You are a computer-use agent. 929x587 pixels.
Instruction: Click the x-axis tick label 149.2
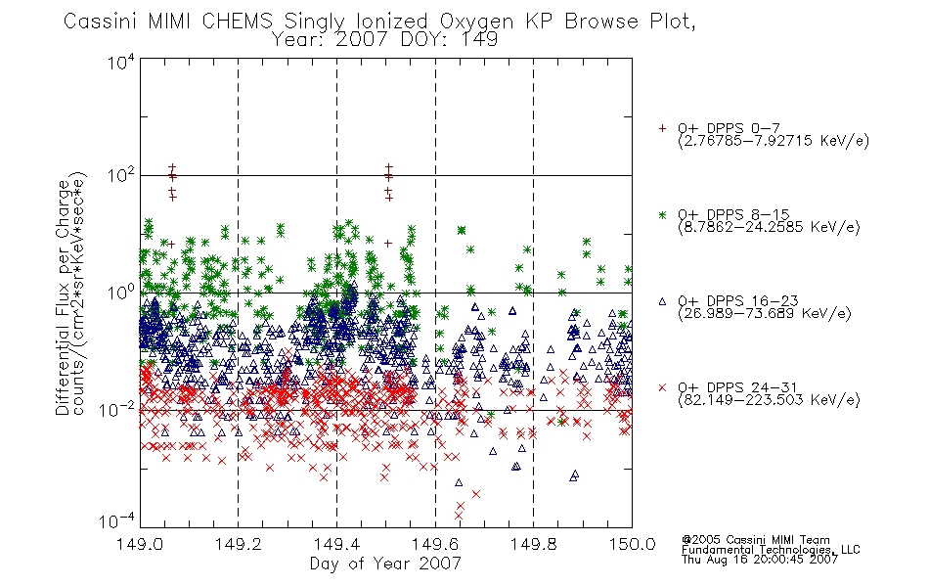239,544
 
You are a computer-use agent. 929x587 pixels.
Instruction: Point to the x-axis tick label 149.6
435,544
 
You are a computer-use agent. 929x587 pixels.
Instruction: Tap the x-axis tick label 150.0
632,544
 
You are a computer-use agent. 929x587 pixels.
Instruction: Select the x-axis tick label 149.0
140,544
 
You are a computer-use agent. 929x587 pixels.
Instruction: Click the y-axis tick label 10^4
121,62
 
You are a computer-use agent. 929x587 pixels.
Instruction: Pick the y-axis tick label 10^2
121,175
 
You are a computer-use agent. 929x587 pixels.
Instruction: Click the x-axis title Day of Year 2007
385,564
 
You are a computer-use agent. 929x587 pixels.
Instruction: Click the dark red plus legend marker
662,128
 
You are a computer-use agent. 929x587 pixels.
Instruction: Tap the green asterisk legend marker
662,214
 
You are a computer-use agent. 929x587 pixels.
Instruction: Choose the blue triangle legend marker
662,301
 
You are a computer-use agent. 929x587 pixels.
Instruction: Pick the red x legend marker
662,387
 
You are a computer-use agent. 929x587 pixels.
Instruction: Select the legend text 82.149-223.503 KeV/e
769,399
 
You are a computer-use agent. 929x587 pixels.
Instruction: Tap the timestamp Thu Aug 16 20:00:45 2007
760,559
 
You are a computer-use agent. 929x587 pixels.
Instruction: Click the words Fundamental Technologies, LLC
771,550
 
